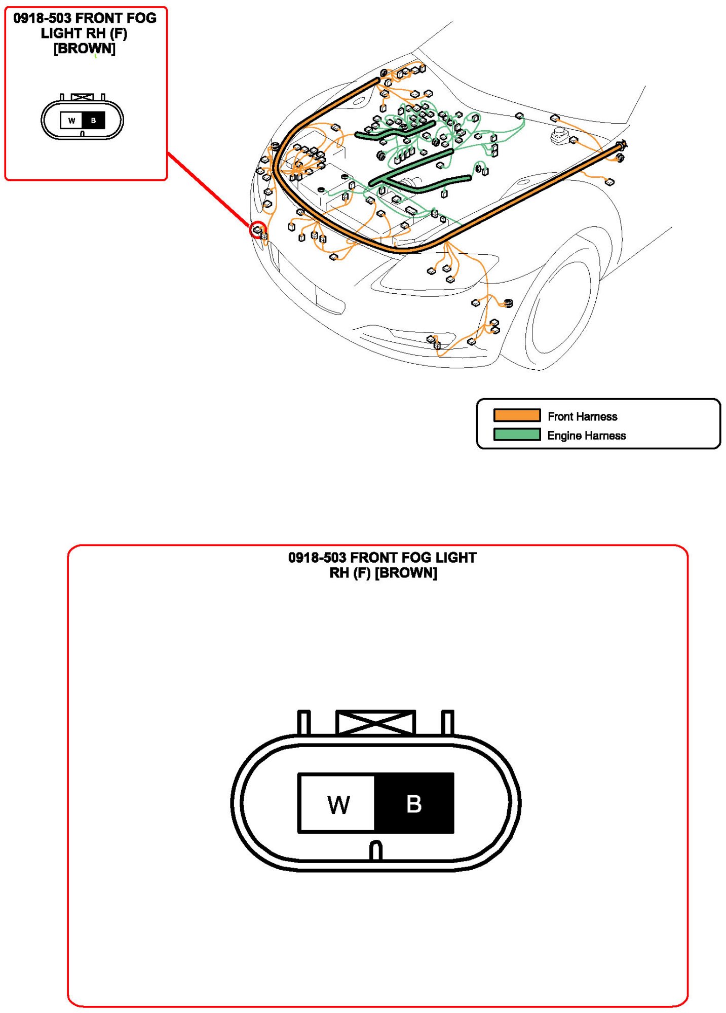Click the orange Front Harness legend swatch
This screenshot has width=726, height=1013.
pos(516,415)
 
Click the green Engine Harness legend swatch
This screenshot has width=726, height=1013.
pos(516,435)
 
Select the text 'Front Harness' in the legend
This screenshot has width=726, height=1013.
pos(582,416)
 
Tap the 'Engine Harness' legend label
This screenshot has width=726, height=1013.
pos(586,436)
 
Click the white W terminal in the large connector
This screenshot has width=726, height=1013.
pos(337,803)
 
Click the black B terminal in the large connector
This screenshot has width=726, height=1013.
pos(414,803)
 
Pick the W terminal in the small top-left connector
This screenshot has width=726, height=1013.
pos(71,121)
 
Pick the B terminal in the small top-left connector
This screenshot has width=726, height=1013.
pos(93,121)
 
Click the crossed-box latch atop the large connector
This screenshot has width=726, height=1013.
pos(375,722)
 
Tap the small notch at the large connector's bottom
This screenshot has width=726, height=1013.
pos(375,851)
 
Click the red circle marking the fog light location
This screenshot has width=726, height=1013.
pos(258,230)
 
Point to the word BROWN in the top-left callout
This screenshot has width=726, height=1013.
pos(85,49)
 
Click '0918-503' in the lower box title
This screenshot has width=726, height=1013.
pos(317,558)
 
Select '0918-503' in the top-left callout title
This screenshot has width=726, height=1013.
pos(42,18)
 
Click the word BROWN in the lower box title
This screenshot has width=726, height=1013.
pos(406,573)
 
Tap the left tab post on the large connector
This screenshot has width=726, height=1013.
pos(303,722)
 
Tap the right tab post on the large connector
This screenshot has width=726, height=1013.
pos(447,722)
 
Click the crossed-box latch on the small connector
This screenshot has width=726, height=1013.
pos(82,97)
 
